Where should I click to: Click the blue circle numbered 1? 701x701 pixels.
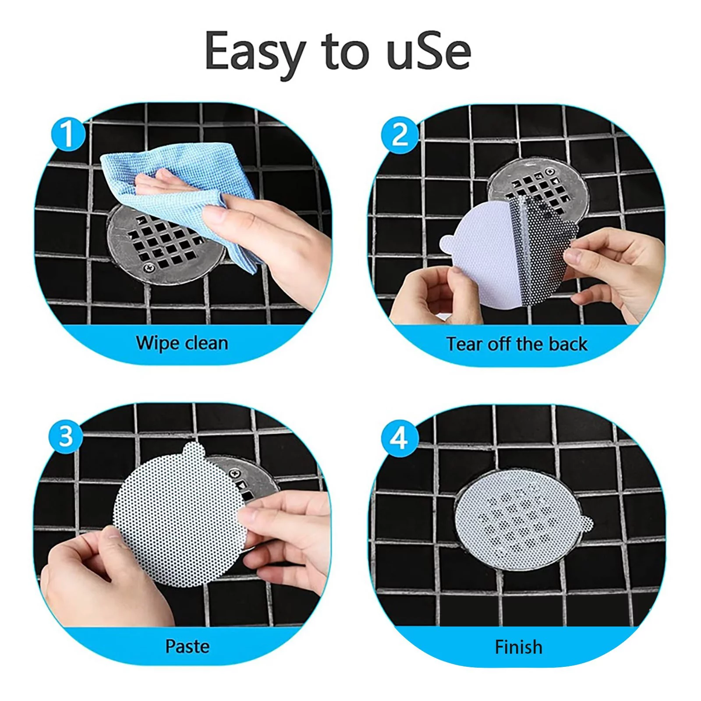tap(67, 134)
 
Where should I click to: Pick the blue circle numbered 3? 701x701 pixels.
tap(66, 436)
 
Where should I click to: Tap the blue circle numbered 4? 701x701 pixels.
tap(399, 437)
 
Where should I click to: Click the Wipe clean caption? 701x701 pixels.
tap(182, 343)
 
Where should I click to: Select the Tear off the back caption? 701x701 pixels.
tap(517, 344)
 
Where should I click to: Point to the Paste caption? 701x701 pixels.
tap(187, 646)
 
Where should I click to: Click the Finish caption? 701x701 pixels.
tap(518, 647)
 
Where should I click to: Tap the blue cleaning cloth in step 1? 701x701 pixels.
tap(175, 184)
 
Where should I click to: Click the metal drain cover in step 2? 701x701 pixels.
tap(539, 184)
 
